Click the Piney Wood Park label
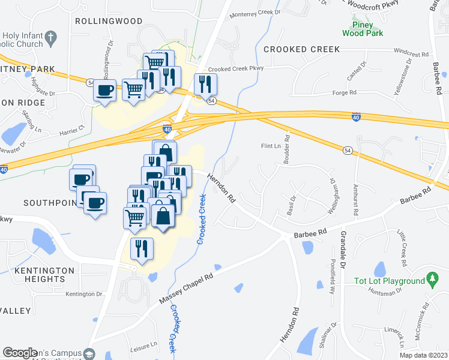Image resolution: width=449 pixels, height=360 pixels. click(x=366, y=29)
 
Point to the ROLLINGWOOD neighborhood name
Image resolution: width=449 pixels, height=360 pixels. click(x=109, y=21)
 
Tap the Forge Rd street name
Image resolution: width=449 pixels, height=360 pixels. click(x=361, y=93)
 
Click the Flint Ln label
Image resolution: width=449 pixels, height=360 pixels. click(x=271, y=146)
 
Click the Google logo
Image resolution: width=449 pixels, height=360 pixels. click(x=20, y=353)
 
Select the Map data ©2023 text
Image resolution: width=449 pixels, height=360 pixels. click(x=423, y=355)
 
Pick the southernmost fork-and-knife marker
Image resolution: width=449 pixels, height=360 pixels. click(x=142, y=248)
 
